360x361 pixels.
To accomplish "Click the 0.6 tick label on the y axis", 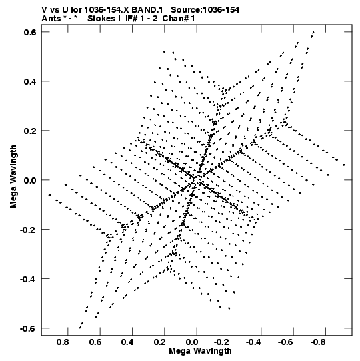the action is click(x=30, y=32).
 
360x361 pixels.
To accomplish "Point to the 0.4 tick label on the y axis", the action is click(x=30, y=81).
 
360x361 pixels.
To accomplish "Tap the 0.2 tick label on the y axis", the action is click(x=30, y=131).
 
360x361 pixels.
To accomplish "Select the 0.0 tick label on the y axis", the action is click(x=30, y=180).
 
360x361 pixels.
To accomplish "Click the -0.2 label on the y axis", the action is click(x=28, y=230).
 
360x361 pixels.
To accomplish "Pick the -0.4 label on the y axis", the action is click(x=28, y=279).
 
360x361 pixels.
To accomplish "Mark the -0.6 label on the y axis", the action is click(x=28, y=328).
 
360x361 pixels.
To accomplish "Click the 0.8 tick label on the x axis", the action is click(x=63, y=342).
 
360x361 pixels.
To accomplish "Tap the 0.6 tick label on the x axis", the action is click(x=95, y=342).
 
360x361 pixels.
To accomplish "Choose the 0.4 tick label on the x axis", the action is click(x=127, y=342).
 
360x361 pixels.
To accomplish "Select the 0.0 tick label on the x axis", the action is click(x=191, y=342).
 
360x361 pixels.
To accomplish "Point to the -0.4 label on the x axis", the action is click(x=253, y=342).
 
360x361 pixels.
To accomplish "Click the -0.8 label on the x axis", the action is click(x=318, y=342).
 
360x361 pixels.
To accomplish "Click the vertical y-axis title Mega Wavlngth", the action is click(x=13, y=177).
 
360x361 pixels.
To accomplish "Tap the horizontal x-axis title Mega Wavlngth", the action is click(x=201, y=351).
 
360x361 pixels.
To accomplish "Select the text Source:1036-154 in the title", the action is click(x=205, y=10).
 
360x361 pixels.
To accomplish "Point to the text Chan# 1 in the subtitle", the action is click(x=179, y=19).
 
